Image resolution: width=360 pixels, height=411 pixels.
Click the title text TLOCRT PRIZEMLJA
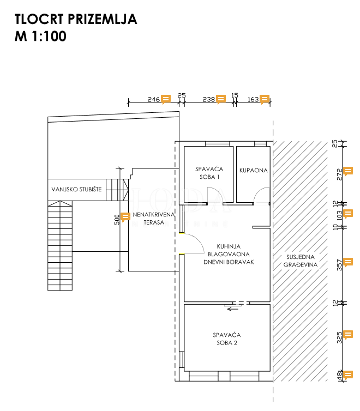click(x=76, y=20)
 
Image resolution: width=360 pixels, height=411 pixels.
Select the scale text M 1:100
click(x=41, y=37)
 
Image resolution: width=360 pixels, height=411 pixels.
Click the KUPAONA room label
click(x=253, y=170)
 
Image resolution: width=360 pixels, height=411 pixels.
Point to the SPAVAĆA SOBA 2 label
click(x=227, y=339)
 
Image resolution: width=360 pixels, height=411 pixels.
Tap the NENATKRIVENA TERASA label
click(x=154, y=218)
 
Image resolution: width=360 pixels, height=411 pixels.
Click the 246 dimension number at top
click(x=153, y=99)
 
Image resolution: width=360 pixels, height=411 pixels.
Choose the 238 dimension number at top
click(x=208, y=99)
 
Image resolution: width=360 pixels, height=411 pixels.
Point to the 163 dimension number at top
click(x=253, y=99)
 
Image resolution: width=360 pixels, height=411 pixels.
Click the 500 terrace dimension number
click(x=117, y=220)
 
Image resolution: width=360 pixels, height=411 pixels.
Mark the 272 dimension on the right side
click(x=340, y=174)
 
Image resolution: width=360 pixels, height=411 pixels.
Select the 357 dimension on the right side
click(x=340, y=264)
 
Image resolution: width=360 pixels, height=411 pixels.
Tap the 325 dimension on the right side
click(x=340, y=336)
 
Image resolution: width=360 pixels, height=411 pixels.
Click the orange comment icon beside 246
click(x=166, y=99)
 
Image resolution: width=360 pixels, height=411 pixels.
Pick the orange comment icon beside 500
click(x=125, y=216)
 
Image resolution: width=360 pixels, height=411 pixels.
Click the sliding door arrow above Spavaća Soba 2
click(x=233, y=309)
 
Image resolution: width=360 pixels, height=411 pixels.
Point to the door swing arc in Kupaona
click(x=264, y=192)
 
